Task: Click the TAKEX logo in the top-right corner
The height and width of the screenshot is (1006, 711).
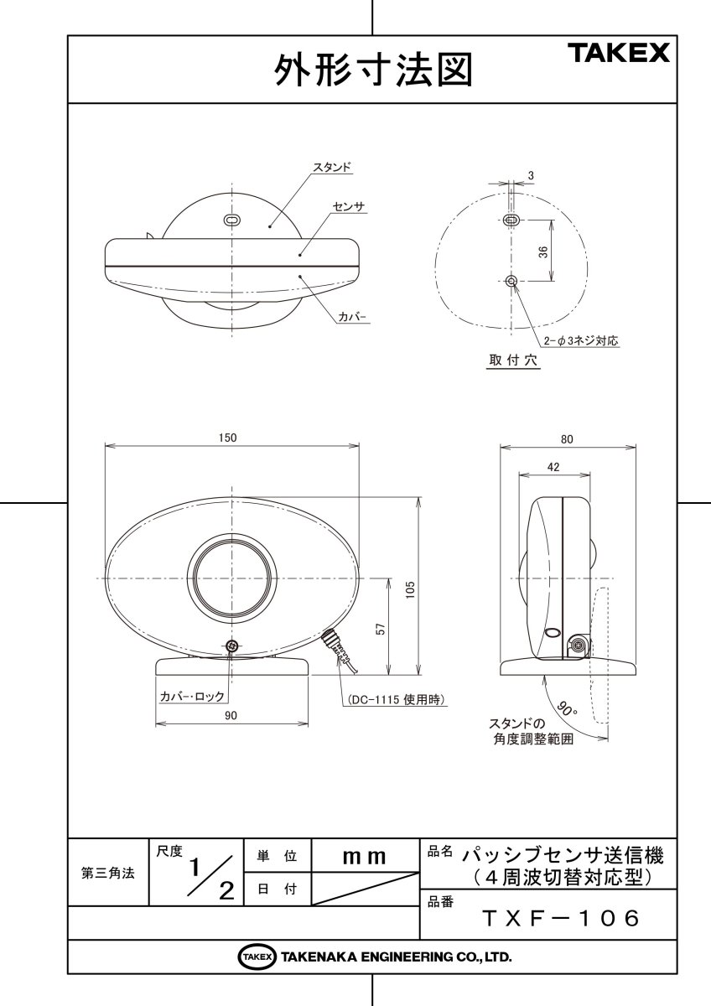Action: click(x=620, y=54)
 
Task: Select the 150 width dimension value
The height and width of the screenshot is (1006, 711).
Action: click(x=228, y=438)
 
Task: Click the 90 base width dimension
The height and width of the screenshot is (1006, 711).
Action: click(x=231, y=715)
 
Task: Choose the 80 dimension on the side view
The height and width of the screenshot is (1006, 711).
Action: click(x=567, y=438)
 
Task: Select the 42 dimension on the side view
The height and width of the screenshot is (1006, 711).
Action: click(x=553, y=467)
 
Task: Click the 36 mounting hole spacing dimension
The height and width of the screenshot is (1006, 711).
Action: click(x=543, y=251)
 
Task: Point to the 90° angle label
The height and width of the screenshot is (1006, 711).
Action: click(x=568, y=708)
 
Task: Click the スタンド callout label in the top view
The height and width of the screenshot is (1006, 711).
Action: click(x=331, y=168)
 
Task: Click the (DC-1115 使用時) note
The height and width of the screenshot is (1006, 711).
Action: click(x=392, y=698)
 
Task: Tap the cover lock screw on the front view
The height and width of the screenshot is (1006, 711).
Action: click(x=232, y=646)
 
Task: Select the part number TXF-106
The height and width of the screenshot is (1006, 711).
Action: click(x=561, y=918)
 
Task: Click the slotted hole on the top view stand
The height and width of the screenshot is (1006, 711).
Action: click(x=231, y=219)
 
